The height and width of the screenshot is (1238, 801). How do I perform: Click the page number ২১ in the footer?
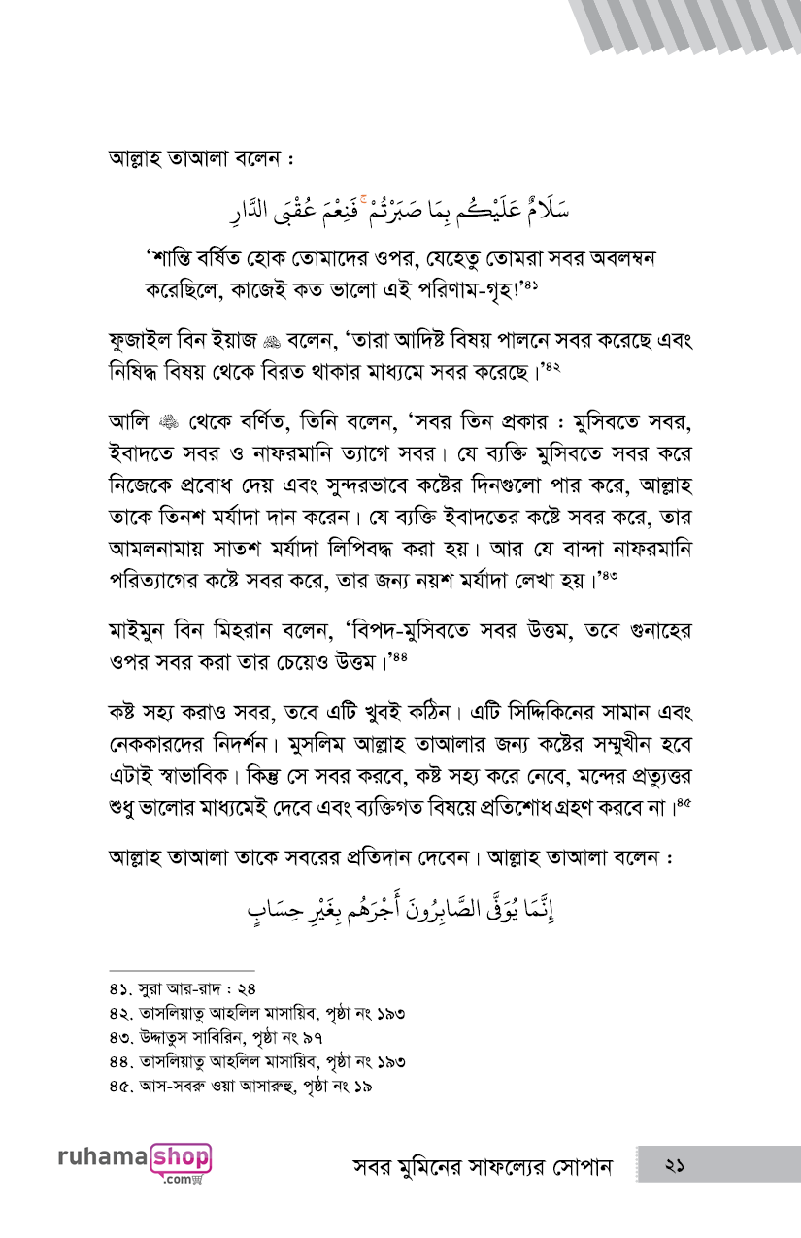point(676,1165)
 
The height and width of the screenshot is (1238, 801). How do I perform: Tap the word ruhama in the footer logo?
point(102,1157)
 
